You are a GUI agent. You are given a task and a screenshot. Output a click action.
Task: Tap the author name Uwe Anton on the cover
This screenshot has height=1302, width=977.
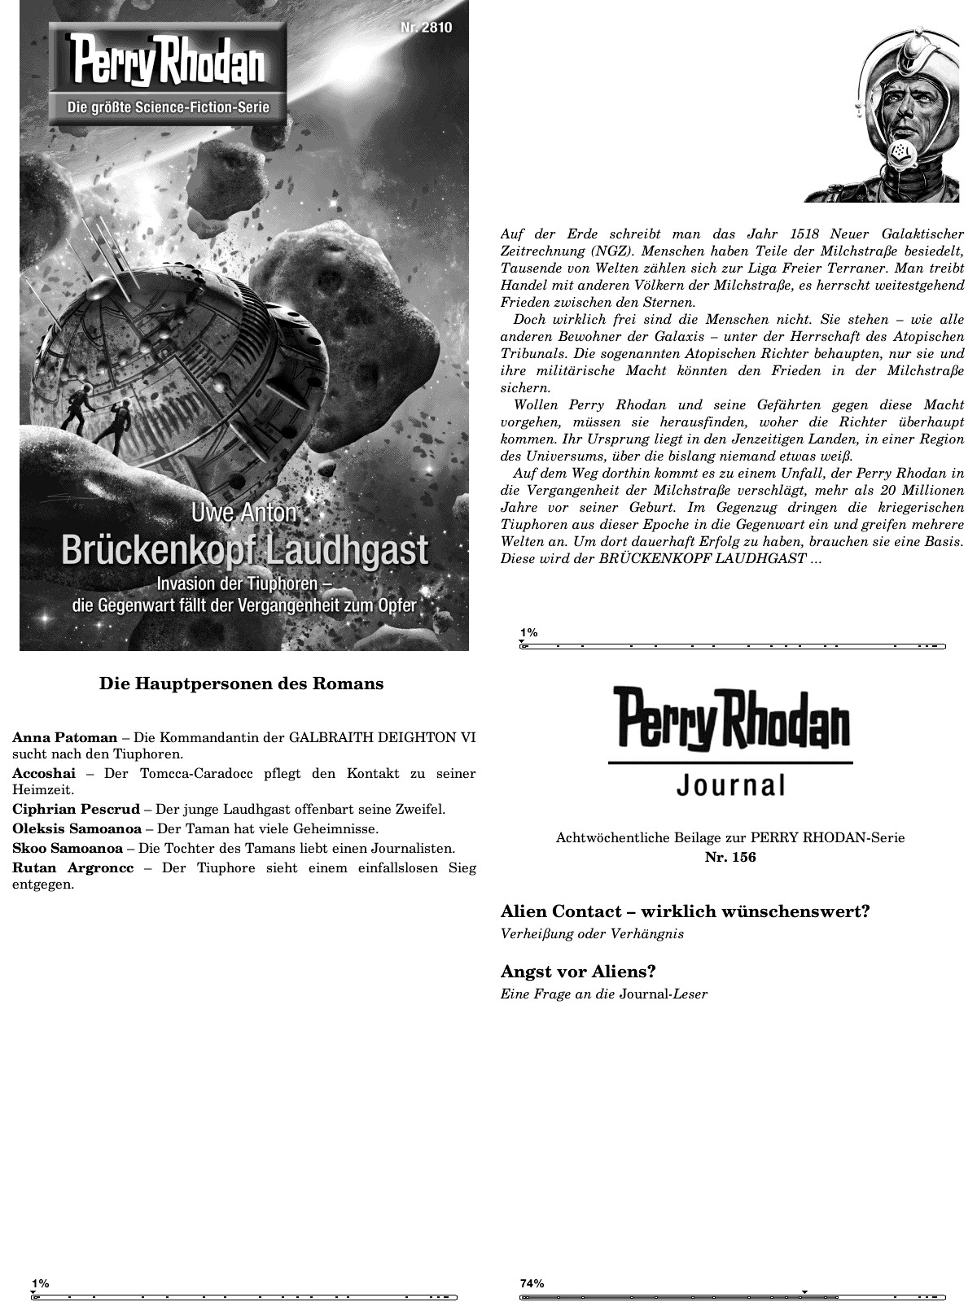[244, 514]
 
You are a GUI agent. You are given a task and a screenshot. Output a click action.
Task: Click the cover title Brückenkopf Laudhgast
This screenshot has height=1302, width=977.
[244, 550]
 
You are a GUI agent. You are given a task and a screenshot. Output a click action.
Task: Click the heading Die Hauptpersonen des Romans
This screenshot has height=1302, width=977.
[241, 684]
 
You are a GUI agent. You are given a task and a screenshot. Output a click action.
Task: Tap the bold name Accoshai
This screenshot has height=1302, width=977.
[43, 773]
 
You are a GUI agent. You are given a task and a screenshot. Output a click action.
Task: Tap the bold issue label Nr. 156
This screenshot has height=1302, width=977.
[730, 857]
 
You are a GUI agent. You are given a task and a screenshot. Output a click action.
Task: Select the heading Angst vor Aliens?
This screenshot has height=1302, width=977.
[578, 972]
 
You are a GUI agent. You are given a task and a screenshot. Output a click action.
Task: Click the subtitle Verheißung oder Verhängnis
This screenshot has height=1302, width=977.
[592, 933]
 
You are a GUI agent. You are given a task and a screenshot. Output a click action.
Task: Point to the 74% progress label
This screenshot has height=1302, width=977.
[532, 1283]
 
